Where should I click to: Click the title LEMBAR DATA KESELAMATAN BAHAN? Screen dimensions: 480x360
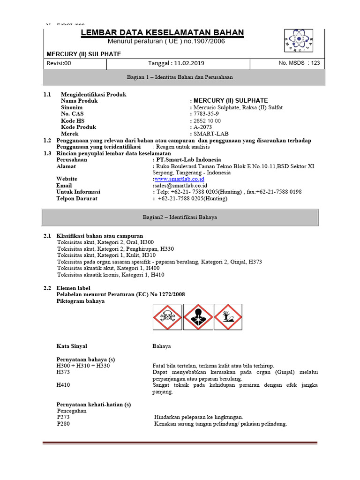point(162,32)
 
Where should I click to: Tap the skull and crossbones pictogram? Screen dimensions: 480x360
point(167,317)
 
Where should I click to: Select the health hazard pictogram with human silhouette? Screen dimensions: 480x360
point(197,317)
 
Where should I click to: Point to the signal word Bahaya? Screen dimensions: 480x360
point(162,346)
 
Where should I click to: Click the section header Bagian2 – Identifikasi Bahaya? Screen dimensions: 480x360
point(180,217)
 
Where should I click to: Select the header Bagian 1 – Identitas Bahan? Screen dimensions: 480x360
point(180,77)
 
